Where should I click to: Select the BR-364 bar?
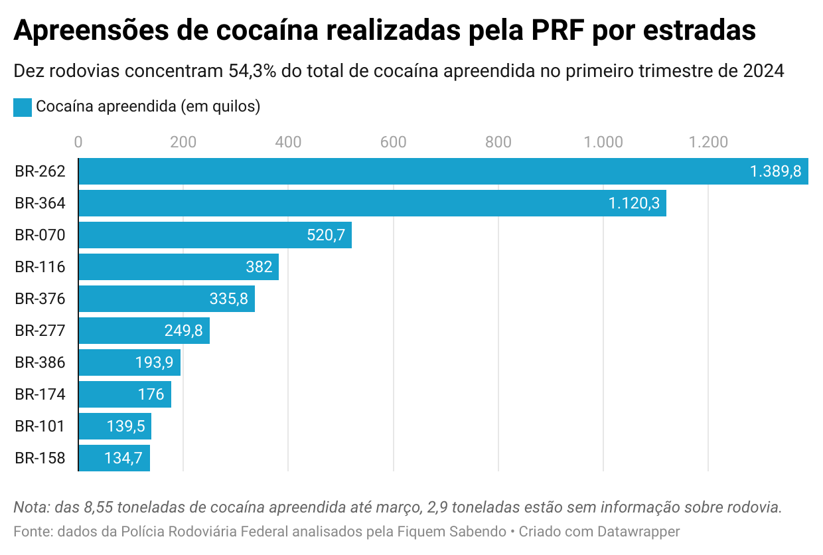pyautogui.click(x=372, y=203)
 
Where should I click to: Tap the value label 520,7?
pyautogui.click(x=326, y=235)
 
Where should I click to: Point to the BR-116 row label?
pyautogui.click(x=40, y=267)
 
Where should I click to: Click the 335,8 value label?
pyautogui.click(x=229, y=299)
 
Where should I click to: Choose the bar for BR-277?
pyautogui.click(x=144, y=331)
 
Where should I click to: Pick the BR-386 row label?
pyautogui.click(x=40, y=362)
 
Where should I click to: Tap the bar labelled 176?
pyautogui.click(x=125, y=394)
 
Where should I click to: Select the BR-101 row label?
pyautogui.click(x=40, y=426)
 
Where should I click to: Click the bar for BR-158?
pyautogui.click(x=114, y=458)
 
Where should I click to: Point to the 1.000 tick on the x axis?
pyautogui.click(x=604, y=142)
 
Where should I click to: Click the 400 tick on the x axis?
pyautogui.click(x=289, y=142)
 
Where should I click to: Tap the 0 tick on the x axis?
pyautogui.click(x=78, y=142)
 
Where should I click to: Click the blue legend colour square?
pyautogui.click(x=23, y=107)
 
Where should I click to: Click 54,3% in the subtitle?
pyautogui.click(x=252, y=71)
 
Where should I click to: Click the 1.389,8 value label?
pyautogui.click(x=775, y=171)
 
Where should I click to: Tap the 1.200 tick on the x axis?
pyautogui.click(x=709, y=142)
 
